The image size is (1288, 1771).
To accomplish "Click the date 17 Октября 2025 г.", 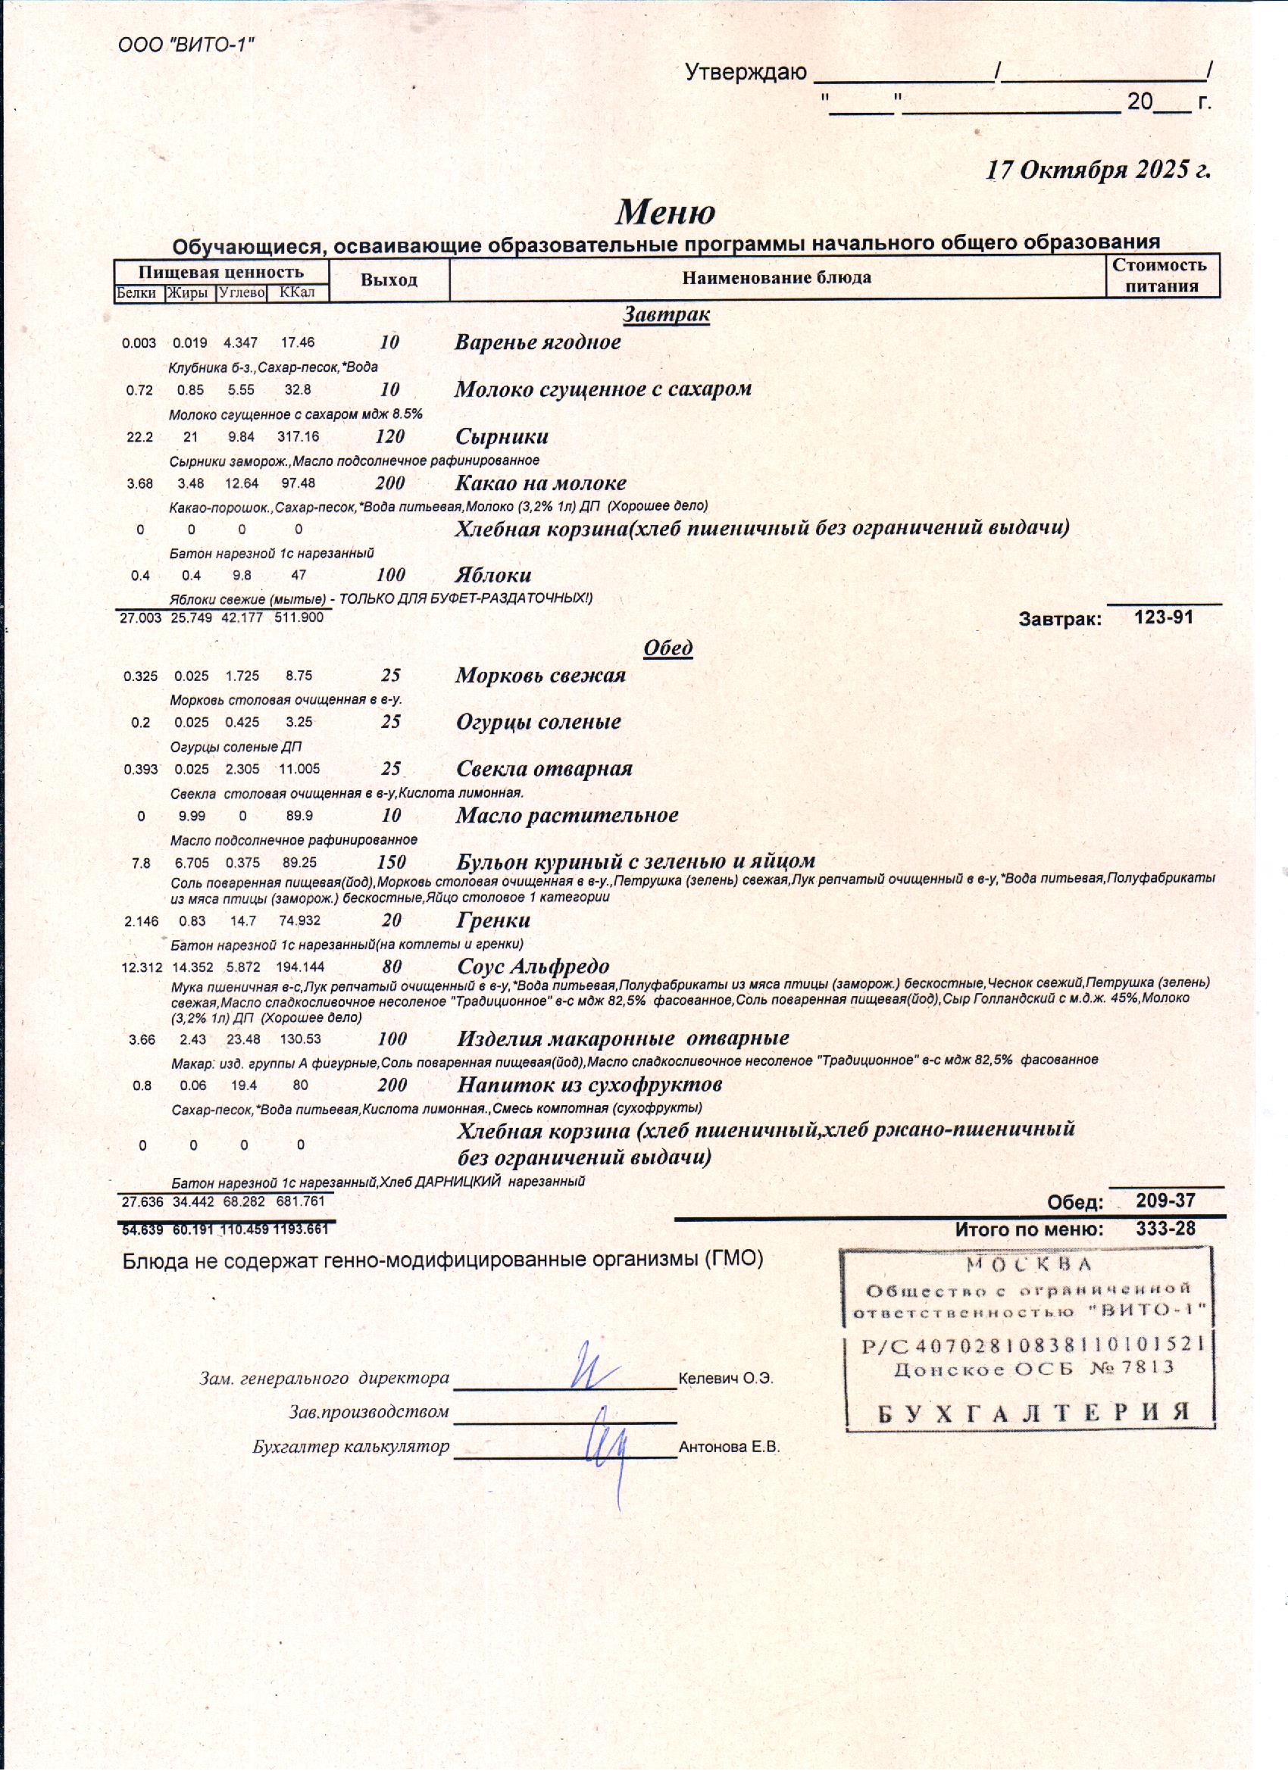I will tap(1097, 170).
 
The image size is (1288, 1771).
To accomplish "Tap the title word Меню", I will tap(665, 211).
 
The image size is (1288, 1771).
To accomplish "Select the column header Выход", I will tap(389, 280).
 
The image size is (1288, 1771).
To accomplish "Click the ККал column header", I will tap(297, 293).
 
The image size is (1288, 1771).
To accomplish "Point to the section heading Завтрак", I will tap(666, 314).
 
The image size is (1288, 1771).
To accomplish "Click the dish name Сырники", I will tap(502, 436).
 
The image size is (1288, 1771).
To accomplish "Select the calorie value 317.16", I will tap(298, 436).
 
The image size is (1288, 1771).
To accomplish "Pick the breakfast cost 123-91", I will tap(1163, 617).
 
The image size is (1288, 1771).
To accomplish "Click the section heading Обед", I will tap(667, 648).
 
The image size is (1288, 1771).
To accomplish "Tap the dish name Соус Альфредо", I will tap(533, 966).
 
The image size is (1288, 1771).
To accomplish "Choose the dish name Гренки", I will tap(493, 920).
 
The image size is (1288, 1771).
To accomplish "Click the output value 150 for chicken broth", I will tap(391, 862).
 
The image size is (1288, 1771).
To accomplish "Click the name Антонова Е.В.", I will tap(730, 1469).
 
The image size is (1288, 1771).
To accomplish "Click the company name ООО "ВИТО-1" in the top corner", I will tap(186, 45).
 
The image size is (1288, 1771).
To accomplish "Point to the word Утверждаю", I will tap(746, 73).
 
